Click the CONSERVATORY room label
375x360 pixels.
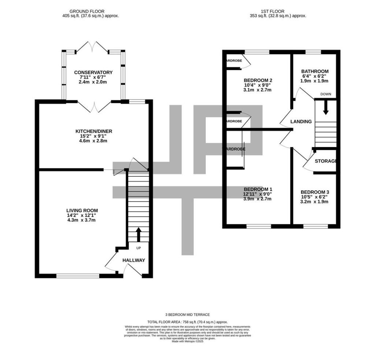click(93, 72)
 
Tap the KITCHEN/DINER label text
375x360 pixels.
click(94, 131)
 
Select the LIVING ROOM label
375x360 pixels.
click(82, 210)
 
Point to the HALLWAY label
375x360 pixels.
click(134, 260)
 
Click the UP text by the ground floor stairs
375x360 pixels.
click(138, 248)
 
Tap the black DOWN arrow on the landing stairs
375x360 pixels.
click(325, 107)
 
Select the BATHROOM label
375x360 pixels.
click(315, 71)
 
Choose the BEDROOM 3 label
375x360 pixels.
click(315, 192)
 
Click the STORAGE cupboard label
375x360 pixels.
click(325, 161)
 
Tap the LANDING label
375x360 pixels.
click(301, 122)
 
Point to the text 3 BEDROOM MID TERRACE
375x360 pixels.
click(187, 315)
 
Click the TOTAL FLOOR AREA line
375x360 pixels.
click(187, 321)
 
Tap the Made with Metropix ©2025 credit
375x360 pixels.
click(187, 341)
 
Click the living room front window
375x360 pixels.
click(78, 276)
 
